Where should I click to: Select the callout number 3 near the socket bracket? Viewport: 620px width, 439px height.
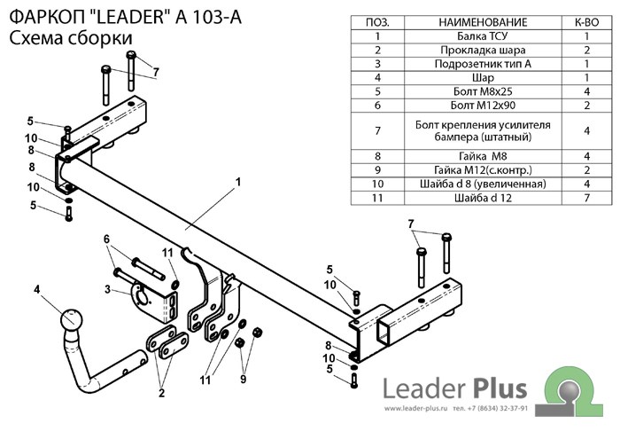[107, 289]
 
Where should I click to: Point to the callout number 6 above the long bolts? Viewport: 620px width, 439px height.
[107, 239]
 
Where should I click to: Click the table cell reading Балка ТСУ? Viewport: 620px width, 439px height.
[483, 36]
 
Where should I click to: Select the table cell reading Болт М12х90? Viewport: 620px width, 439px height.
[483, 105]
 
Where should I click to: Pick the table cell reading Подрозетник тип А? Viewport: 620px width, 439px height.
[483, 64]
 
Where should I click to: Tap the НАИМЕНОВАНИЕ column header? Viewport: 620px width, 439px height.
[483, 21]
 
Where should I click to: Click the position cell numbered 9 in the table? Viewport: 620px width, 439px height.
[377, 169]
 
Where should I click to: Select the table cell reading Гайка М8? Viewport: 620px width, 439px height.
[483, 155]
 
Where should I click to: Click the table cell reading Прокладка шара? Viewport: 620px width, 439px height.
[483, 50]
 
